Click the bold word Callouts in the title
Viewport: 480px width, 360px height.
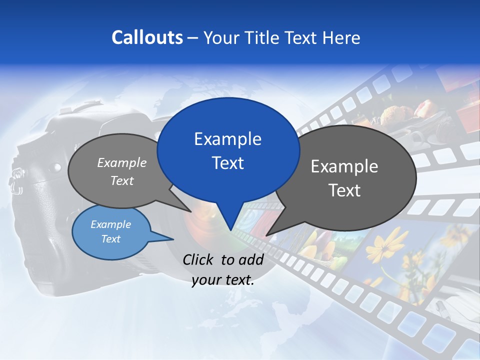tap(147, 37)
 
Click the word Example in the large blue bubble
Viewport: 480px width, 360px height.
tap(227, 139)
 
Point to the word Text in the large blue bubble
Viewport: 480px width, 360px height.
tap(227, 163)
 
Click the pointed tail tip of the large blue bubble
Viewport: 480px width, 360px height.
tap(230, 230)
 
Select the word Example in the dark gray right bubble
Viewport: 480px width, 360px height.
tap(344, 166)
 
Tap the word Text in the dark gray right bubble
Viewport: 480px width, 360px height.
tap(344, 190)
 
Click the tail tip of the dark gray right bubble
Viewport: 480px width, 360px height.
tap(266, 235)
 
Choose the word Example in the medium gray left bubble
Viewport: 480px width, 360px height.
tap(122, 162)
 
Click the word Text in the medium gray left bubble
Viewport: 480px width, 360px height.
tap(122, 180)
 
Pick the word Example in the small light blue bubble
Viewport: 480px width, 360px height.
tap(110, 224)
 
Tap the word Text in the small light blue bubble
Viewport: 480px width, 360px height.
tap(110, 239)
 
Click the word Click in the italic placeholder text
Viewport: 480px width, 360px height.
tap(199, 259)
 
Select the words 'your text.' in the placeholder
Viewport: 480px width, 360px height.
tap(223, 280)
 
